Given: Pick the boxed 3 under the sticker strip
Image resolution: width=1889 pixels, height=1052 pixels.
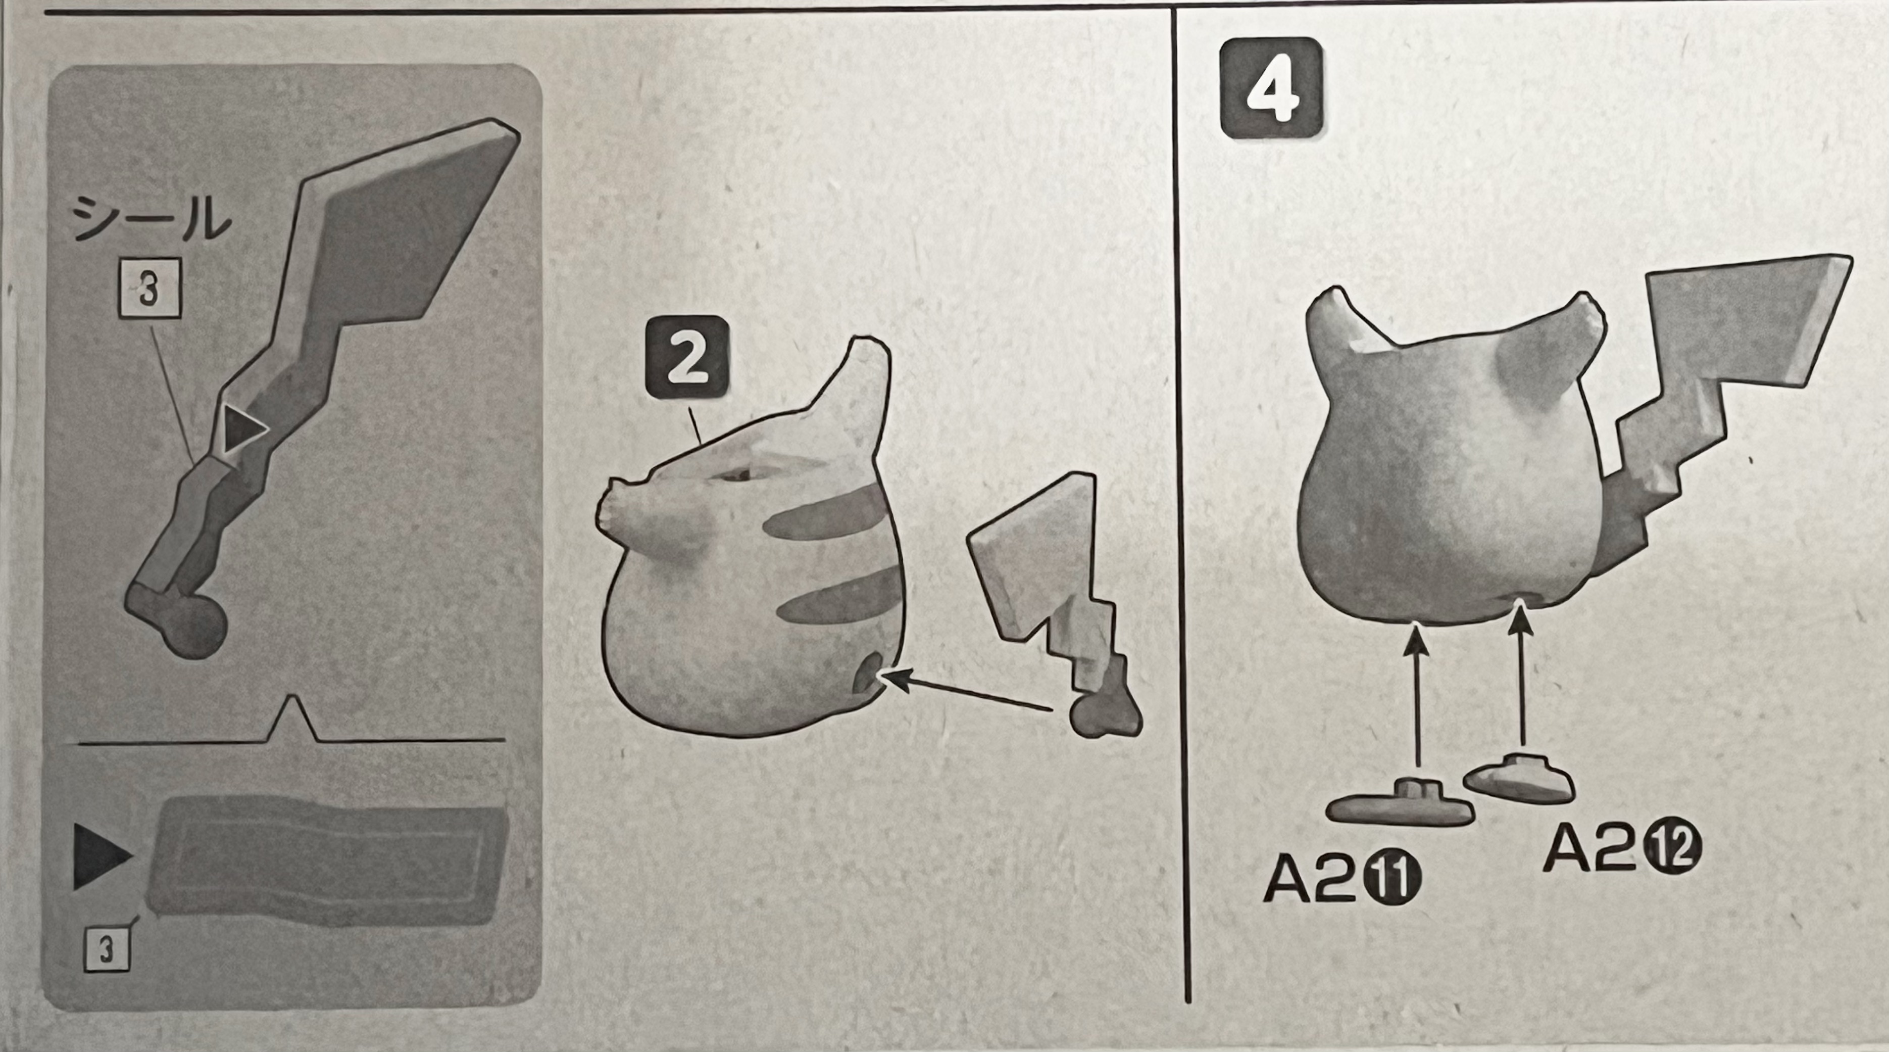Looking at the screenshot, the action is click(107, 949).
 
